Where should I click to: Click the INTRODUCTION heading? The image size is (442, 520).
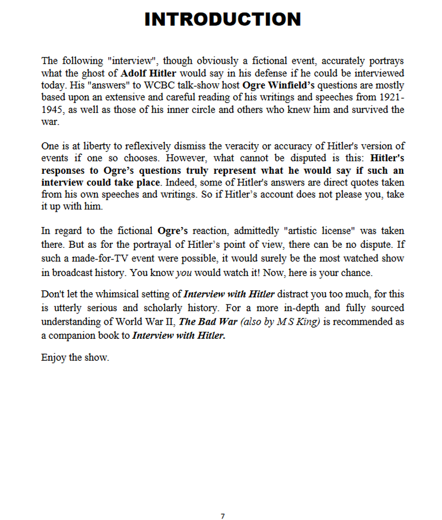point(222,19)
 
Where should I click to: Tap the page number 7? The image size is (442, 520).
point(222,517)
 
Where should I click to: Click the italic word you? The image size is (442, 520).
point(184,273)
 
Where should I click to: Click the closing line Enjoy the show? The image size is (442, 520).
point(75,358)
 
